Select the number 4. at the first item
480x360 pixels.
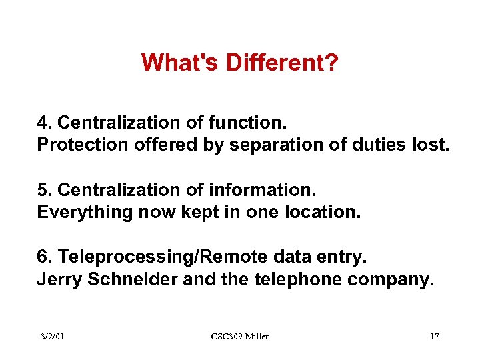tap(45, 123)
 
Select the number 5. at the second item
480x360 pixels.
tap(45, 190)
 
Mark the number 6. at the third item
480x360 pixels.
tap(45, 257)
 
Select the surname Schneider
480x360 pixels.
tap(131, 279)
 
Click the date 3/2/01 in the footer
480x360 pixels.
tap(51, 337)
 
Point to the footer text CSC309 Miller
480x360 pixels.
tap(239, 337)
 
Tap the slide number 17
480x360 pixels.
tap(435, 337)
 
